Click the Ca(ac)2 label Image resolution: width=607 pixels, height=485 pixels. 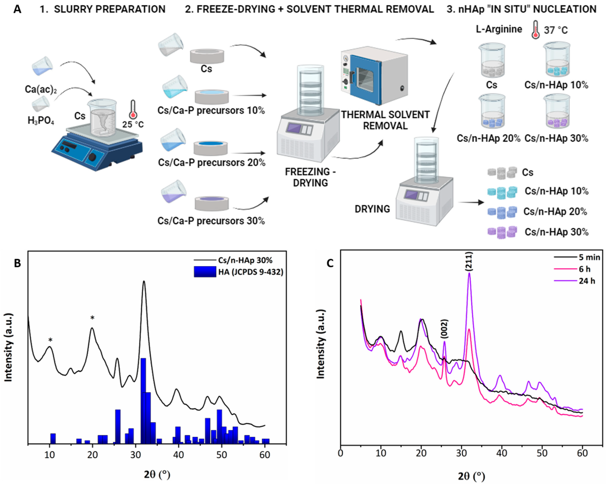(41, 89)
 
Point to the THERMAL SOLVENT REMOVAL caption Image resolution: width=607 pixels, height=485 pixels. (385, 120)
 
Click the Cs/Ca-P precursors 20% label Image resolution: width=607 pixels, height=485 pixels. (211, 163)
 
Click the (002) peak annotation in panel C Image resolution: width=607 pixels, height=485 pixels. (444, 329)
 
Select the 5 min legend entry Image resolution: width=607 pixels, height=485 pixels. (589, 257)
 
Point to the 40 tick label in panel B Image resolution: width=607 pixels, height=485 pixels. (179, 455)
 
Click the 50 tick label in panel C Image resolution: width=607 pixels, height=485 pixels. (542, 454)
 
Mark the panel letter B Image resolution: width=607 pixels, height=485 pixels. (17, 264)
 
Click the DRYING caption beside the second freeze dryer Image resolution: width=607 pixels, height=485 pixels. (372, 209)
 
